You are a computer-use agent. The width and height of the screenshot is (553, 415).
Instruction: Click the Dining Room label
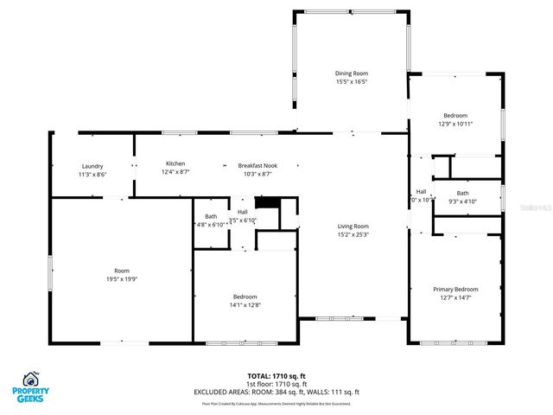(x=352, y=73)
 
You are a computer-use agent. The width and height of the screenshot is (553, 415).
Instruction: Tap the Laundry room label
(x=92, y=166)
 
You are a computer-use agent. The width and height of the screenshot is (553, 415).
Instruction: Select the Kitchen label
(x=176, y=163)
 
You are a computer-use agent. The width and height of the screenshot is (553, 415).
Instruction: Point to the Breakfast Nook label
(x=257, y=165)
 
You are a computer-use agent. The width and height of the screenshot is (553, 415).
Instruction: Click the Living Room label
(x=353, y=227)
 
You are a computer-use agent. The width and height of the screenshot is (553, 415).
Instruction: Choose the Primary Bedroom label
(x=455, y=290)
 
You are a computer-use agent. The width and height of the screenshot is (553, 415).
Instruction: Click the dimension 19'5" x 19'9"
(x=121, y=279)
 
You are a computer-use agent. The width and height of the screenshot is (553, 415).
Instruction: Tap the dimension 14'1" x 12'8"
(x=243, y=304)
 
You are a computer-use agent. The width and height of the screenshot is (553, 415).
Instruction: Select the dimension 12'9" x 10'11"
(x=455, y=124)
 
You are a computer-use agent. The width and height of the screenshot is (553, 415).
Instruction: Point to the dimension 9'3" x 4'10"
(x=462, y=201)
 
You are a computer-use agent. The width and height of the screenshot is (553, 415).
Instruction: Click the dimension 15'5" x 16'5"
(x=352, y=82)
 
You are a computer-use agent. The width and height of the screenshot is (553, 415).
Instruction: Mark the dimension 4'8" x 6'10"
(x=211, y=225)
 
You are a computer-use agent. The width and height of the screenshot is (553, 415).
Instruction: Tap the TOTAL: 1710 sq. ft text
(x=276, y=376)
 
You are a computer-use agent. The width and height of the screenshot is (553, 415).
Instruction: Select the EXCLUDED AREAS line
(x=276, y=392)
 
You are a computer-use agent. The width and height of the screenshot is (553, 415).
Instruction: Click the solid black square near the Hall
(x=270, y=204)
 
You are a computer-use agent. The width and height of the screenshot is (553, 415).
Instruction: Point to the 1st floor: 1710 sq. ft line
(x=276, y=384)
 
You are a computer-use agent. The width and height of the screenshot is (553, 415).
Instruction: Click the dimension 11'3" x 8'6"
(x=92, y=175)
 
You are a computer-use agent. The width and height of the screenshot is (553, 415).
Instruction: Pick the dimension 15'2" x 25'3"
(x=353, y=234)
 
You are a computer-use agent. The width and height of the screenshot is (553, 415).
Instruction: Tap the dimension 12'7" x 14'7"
(x=455, y=298)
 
